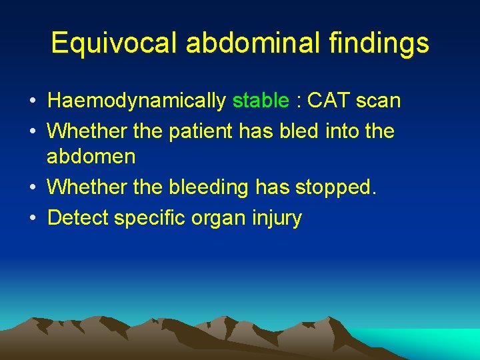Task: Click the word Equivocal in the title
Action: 114,44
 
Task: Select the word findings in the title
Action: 379,44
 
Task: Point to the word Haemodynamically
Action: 137,101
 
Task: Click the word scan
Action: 380,101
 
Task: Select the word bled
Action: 303,131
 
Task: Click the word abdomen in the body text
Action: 91,158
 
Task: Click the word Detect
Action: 78,217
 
